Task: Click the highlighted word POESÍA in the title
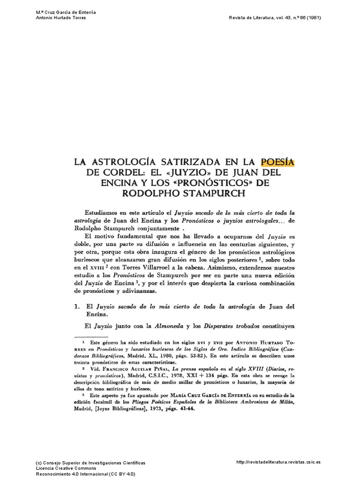point(277,162)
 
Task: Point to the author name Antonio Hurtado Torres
point(60,18)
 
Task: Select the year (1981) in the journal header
point(313,18)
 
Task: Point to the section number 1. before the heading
point(78,307)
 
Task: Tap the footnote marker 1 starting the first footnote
point(83,342)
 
